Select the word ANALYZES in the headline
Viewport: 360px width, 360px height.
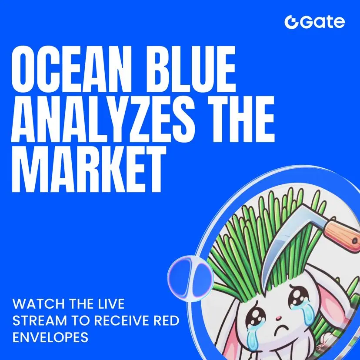tap(103, 119)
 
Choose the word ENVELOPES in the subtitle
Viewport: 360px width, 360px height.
tap(50, 337)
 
